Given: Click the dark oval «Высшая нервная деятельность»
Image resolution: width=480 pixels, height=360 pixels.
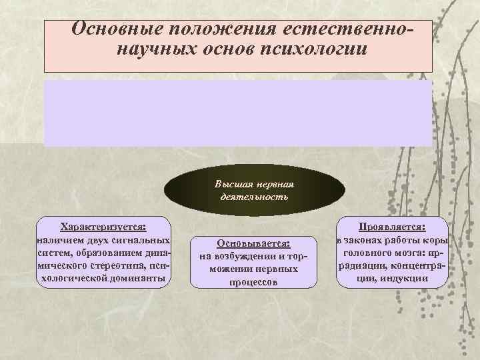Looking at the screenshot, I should pos(254,190).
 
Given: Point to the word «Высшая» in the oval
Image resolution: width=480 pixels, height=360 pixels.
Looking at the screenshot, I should pos(231,183).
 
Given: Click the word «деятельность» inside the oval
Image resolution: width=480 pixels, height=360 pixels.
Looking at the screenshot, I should pos(254,197).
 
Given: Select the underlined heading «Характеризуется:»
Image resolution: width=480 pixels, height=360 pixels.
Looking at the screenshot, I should pos(103,227).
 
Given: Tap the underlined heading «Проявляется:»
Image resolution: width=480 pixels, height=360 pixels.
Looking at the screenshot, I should pos(392,227).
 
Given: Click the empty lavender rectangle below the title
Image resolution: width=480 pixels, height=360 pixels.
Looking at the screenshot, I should pos(238,113).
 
